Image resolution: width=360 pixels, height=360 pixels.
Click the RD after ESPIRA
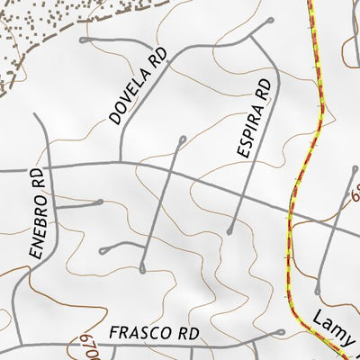[263, 89]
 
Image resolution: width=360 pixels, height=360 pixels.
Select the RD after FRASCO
[187, 333]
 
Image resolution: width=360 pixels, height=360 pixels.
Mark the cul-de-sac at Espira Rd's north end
[270, 19]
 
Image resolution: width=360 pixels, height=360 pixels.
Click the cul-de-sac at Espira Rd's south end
[230, 231]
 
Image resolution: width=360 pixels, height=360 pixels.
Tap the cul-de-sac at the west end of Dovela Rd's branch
[83, 40]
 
